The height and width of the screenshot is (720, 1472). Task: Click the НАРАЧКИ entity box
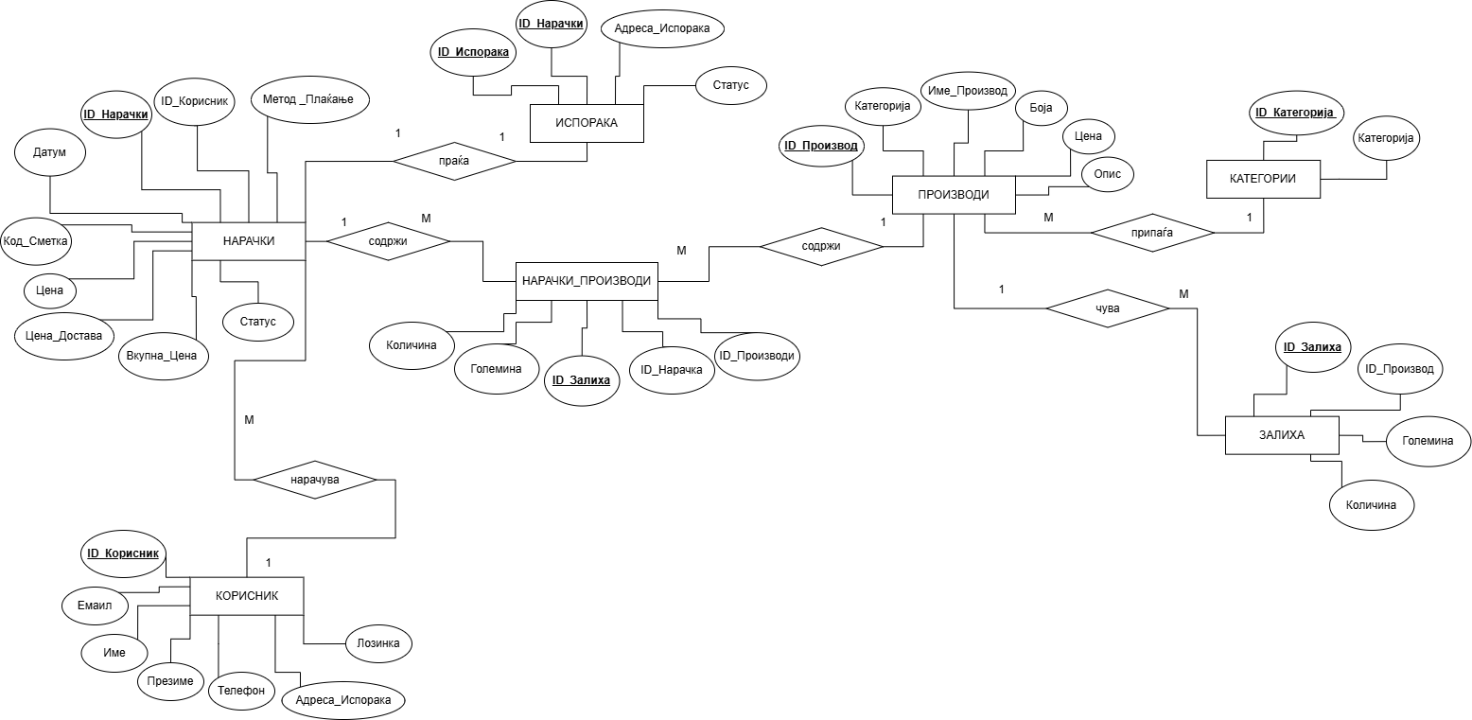[249, 241]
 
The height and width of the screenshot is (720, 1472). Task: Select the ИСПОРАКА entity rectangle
[587, 123]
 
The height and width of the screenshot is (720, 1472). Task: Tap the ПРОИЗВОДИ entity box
[954, 195]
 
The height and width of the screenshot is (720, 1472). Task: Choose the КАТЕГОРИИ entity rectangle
[1263, 179]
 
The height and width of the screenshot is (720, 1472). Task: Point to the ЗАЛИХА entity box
[1282, 435]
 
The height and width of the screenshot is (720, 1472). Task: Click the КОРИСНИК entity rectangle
[247, 596]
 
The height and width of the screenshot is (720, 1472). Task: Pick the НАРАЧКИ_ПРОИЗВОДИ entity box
[587, 281]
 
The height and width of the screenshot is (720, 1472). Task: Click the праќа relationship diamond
[454, 162]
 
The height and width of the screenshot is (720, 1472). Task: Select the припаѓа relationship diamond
[1151, 231]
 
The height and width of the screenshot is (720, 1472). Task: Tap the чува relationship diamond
[1107, 308]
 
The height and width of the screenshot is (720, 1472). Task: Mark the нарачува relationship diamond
[315, 480]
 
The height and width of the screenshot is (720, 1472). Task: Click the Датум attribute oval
[50, 152]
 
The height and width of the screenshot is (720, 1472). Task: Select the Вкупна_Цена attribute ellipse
[162, 358]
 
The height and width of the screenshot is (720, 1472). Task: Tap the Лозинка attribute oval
[378, 644]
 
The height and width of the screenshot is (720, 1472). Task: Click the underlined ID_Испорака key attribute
[472, 53]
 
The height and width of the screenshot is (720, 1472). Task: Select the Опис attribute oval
[1107, 175]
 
